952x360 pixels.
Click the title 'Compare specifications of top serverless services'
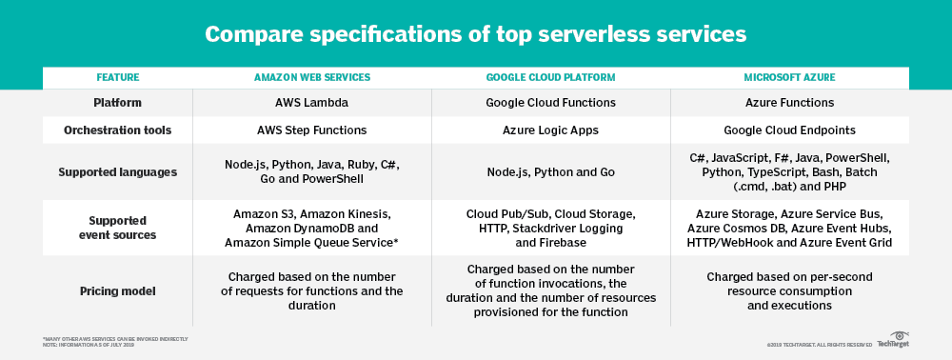coord(476,35)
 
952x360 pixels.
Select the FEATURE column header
coord(118,77)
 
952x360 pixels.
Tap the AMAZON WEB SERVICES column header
coord(312,77)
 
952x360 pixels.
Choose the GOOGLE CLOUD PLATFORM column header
coord(550,77)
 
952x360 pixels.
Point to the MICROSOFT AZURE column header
coord(789,77)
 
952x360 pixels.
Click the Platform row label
coord(118,103)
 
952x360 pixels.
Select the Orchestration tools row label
coord(118,130)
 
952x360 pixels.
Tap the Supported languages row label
coord(118,172)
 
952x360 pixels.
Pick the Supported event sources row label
coord(118,228)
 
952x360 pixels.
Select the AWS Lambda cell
coord(312,103)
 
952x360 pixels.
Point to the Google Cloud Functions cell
coord(550,103)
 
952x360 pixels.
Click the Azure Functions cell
coord(789,103)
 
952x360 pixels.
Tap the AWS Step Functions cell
coord(312,130)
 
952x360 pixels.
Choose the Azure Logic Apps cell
coord(550,130)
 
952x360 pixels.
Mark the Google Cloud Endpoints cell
coord(789,130)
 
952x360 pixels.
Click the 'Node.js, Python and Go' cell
coord(550,172)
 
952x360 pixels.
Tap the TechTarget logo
coord(892,341)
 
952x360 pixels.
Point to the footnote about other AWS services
coord(115,339)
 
